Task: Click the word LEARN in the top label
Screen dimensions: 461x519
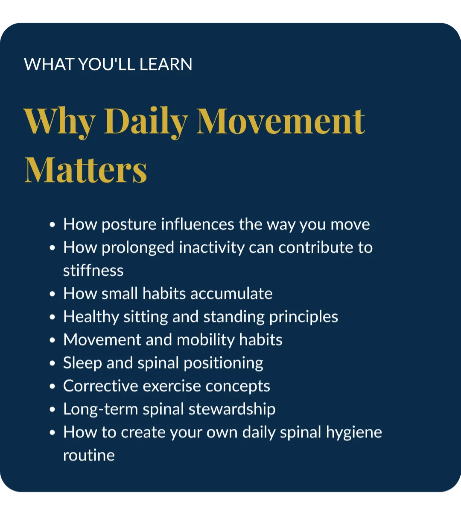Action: (x=166, y=64)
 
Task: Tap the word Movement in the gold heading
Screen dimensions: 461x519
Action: (x=280, y=121)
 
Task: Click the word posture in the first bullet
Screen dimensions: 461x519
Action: (x=129, y=225)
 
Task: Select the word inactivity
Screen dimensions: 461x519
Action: (x=212, y=248)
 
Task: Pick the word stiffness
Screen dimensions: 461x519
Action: (x=93, y=270)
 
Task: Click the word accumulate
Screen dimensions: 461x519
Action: (x=231, y=294)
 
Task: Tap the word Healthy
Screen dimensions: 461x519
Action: (x=91, y=317)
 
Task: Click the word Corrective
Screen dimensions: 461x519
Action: (x=101, y=386)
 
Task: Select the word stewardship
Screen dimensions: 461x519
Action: (x=232, y=409)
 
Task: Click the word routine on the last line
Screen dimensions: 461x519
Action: (x=89, y=455)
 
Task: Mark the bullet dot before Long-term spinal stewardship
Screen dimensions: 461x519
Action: (x=53, y=410)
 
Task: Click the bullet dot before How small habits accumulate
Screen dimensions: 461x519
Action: (x=53, y=294)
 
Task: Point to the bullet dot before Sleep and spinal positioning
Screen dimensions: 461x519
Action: (x=53, y=363)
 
